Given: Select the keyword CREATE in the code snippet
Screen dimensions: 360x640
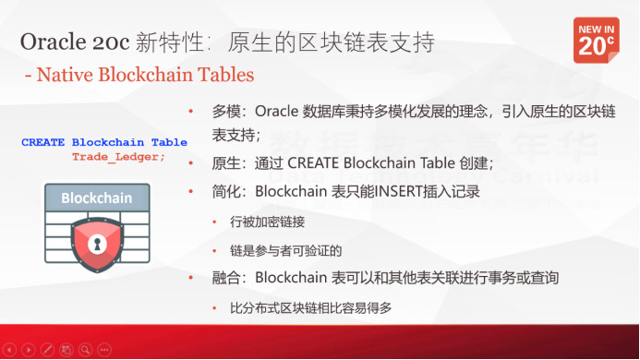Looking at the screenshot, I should (42, 143).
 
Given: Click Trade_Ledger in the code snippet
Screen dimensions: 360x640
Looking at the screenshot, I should (119, 156).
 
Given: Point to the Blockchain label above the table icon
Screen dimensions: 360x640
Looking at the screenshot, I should (96, 198).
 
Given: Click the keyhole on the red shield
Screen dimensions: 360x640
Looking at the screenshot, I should (96, 244).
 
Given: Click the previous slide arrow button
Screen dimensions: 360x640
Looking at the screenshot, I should (11, 351).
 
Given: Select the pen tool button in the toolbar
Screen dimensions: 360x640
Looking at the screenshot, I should (48, 351).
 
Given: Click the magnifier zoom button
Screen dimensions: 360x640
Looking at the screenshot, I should (85, 351).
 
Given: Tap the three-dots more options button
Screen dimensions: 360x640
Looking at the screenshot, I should (103, 351).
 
